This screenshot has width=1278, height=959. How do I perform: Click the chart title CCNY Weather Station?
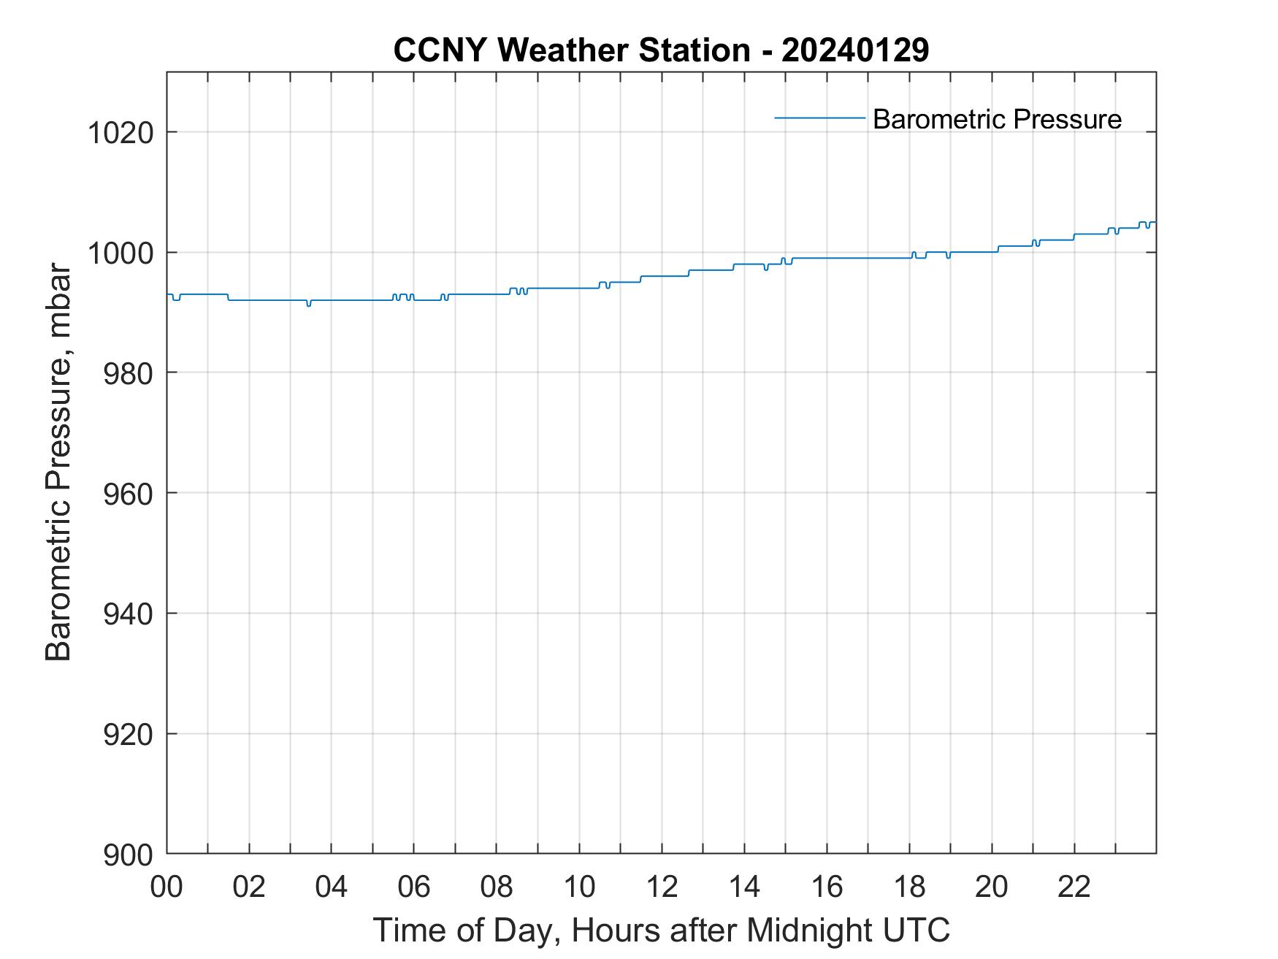[x=571, y=50]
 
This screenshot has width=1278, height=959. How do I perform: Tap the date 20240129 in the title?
[x=855, y=50]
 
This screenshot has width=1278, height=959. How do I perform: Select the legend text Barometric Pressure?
[x=997, y=119]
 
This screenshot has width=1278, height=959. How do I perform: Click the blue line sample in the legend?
[x=819, y=118]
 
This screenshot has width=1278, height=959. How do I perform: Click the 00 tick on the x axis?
[x=167, y=887]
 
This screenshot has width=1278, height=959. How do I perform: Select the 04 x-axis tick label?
[x=332, y=887]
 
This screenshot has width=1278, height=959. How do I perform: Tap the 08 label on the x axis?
[x=497, y=887]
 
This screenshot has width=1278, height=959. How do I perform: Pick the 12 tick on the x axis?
[x=662, y=887]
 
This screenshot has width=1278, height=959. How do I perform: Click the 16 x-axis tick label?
[x=827, y=887]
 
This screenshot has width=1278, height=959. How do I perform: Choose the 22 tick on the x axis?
[x=1074, y=887]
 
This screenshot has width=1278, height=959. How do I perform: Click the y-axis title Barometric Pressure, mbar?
[x=58, y=462]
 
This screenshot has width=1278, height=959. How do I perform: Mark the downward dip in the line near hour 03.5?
[x=309, y=305]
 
